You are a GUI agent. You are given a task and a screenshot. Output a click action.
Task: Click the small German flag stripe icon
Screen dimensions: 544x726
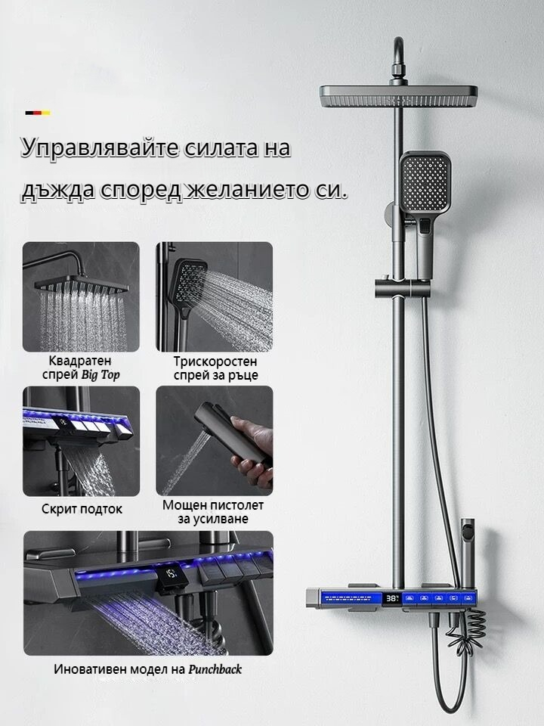click(x=38, y=113)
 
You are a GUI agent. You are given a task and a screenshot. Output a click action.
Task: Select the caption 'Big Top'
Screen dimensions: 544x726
click(x=100, y=374)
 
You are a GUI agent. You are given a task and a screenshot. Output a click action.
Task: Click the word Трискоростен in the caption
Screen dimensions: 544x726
click(x=215, y=361)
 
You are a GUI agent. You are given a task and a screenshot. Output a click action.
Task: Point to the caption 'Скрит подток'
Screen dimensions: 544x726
click(x=82, y=509)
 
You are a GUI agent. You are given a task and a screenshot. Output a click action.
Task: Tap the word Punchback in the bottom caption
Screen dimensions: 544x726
click(x=215, y=669)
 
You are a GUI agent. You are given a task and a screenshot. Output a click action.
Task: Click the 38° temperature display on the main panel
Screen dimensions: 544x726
click(x=392, y=598)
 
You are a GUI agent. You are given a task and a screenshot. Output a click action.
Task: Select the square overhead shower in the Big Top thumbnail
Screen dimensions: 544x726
click(x=82, y=285)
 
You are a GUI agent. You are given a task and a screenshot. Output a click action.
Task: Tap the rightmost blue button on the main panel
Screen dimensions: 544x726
click(x=469, y=598)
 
